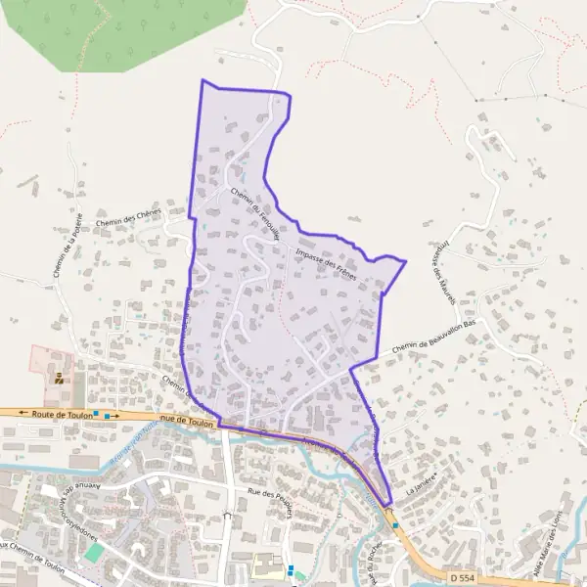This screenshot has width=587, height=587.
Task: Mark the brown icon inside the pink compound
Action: [59, 377]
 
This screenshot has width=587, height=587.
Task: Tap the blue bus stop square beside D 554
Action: [395, 524]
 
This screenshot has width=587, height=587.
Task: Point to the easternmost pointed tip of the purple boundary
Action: [405, 261]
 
